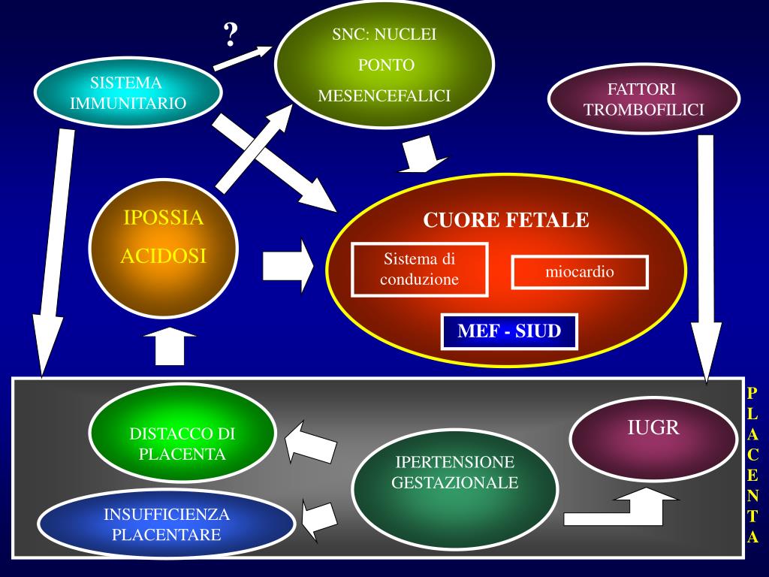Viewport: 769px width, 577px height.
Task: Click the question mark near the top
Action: (x=231, y=34)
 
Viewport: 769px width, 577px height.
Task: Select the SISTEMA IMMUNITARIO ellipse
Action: (x=128, y=93)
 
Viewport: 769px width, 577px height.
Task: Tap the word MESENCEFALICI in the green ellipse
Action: (x=384, y=96)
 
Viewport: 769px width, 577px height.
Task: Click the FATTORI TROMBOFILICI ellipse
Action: (x=644, y=99)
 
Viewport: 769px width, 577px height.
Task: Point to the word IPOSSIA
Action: (x=163, y=218)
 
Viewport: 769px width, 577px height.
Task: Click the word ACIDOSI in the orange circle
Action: (x=163, y=256)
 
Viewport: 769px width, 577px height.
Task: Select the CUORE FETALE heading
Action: (x=506, y=220)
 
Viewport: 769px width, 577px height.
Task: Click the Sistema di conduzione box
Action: (x=420, y=270)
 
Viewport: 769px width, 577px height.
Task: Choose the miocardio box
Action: (x=579, y=272)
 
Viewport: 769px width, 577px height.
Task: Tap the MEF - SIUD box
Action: (x=509, y=331)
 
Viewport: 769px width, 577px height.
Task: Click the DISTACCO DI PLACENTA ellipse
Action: (x=182, y=443)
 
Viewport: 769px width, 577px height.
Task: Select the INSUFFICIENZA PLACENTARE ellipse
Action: (x=166, y=524)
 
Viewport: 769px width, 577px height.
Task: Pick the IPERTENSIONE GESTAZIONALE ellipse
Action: (x=454, y=473)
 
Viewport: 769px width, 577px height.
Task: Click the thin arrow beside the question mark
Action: (x=244, y=58)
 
